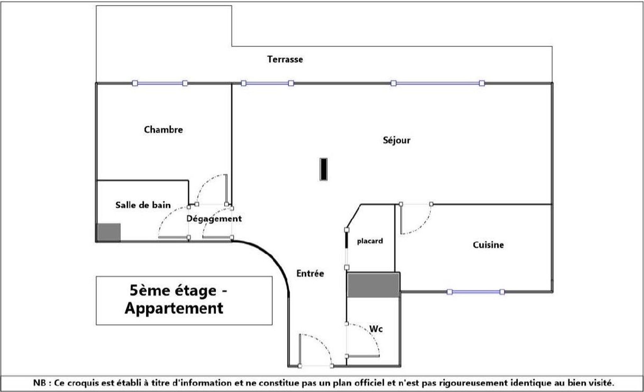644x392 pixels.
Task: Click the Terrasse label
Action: pyautogui.click(x=285, y=59)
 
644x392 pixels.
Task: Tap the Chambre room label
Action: pyautogui.click(x=163, y=129)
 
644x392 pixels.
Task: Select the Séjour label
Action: pyautogui.click(x=396, y=140)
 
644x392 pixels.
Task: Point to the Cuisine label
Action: pyautogui.click(x=488, y=245)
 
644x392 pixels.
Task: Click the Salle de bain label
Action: pyautogui.click(x=143, y=205)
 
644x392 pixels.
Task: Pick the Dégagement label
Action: pyautogui.click(x=214, y=218)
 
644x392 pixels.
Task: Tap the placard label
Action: pyautogui.click(x=370, y=241)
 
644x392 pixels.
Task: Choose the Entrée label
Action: pyautogui.click(x=310, y=273)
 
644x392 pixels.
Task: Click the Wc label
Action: pyautogui.click(x=376, y=329)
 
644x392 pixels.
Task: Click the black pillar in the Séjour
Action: pyautogui.click(x=324, y=169)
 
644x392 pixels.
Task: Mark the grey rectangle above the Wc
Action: pyautogui.click(x=373, y=285)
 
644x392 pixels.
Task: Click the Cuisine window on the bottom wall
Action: pyautogui.click(x=476, y=292)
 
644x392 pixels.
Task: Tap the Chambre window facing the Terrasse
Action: pyautogui.click(x=160, y=83)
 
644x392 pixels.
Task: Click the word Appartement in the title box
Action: pyautogui.click(x=174, y=308)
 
